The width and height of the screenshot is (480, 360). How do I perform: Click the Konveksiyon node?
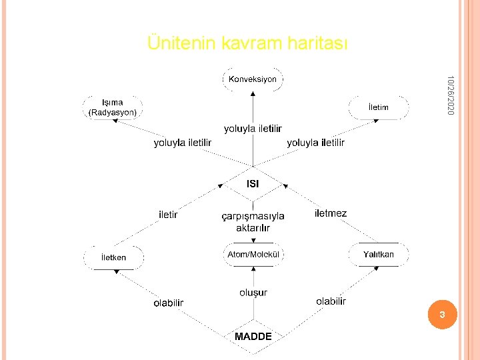(253, 79)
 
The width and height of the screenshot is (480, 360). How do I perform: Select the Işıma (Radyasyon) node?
(113, 107)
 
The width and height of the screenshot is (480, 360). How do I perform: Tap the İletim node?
(378, 107)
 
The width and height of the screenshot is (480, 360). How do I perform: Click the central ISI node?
(253, 183)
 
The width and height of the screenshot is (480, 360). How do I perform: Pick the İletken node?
(113, 257)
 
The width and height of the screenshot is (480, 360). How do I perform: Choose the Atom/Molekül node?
(253, 255)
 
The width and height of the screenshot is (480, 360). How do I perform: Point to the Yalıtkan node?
(378, 255)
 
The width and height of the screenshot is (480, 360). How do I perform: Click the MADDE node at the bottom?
(253, 337)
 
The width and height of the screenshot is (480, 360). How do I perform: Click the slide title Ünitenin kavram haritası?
(248, 43)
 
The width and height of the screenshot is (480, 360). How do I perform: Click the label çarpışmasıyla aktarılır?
(253, 222)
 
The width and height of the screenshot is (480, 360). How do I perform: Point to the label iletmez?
(331, 213)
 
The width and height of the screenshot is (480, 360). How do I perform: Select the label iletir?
(168, 215)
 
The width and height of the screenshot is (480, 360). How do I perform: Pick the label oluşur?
(253, 292)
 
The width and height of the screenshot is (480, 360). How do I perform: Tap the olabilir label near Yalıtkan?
(331, 301)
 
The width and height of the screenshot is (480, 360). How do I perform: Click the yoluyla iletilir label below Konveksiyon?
(253, 128)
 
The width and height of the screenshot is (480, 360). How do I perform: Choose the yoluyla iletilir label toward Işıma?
(183, 143)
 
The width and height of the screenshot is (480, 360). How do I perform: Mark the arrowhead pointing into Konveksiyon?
(253, 95)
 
